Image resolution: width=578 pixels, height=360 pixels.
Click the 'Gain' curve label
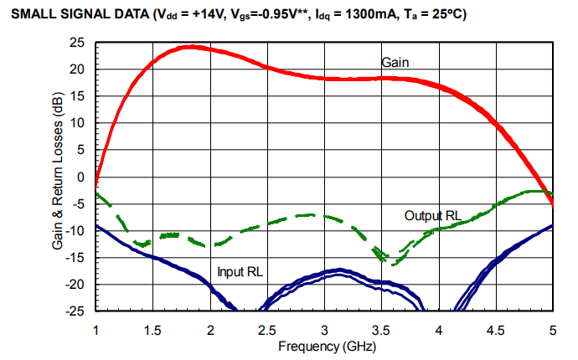point(395,62)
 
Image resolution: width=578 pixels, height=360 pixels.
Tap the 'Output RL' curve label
point(432,216)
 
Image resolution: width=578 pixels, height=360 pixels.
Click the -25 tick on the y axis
point(78,311)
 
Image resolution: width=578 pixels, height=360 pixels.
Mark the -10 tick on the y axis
point(78,230)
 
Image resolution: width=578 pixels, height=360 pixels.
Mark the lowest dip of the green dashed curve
point(393,262)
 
